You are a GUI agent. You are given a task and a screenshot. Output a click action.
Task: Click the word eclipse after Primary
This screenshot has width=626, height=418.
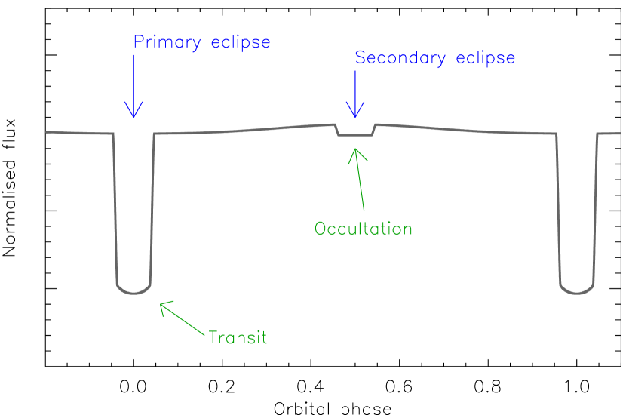click(241, 43)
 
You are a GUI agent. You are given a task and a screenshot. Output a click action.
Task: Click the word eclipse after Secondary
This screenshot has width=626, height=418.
click(486, 58)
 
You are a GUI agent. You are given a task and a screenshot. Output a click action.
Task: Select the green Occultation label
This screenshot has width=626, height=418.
click(364, 229)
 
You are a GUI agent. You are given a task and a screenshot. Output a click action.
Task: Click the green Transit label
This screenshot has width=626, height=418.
click(238, 337)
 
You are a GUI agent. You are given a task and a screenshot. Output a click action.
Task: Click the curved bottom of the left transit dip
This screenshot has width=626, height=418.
click(133, 291)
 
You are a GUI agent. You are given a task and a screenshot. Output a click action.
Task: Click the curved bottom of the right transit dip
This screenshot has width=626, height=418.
click(577, 291)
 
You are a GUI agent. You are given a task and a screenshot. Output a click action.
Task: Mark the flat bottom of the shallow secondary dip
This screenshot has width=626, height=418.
click(354, 136)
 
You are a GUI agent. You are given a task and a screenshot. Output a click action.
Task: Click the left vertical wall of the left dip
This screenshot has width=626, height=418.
click(115, 211)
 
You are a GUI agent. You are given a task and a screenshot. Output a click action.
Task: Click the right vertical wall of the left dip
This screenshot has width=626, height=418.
click(152, 211)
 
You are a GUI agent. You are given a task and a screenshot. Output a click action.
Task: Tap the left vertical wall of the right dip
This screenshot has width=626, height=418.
click(559, 211)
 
